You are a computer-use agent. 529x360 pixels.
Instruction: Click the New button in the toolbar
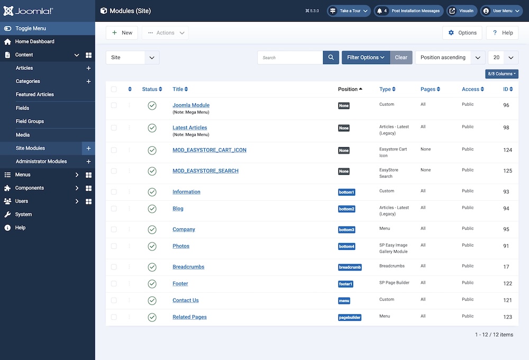122,33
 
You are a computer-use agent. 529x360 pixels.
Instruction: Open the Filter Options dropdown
366,58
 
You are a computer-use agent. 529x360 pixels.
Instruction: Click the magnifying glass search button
331,58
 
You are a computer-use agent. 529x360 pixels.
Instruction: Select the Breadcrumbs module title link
188,267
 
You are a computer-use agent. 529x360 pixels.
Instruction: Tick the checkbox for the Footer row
114,284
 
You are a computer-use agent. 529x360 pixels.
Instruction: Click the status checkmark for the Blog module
152,209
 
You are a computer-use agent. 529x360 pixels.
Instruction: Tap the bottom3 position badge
346,230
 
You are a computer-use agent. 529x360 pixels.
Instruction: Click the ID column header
507,89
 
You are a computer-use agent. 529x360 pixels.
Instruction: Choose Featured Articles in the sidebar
35,94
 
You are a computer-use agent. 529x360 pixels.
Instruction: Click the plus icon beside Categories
88,82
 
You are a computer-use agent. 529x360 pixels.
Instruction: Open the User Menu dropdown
501,11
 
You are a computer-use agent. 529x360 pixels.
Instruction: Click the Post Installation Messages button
408,11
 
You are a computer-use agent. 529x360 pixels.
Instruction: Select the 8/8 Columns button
501,74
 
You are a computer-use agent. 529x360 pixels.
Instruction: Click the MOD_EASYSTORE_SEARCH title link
205,171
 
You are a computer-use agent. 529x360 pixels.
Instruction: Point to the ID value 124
507,150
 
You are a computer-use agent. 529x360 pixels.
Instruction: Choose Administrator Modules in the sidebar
41,161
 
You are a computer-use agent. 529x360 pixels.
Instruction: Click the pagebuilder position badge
350,318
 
